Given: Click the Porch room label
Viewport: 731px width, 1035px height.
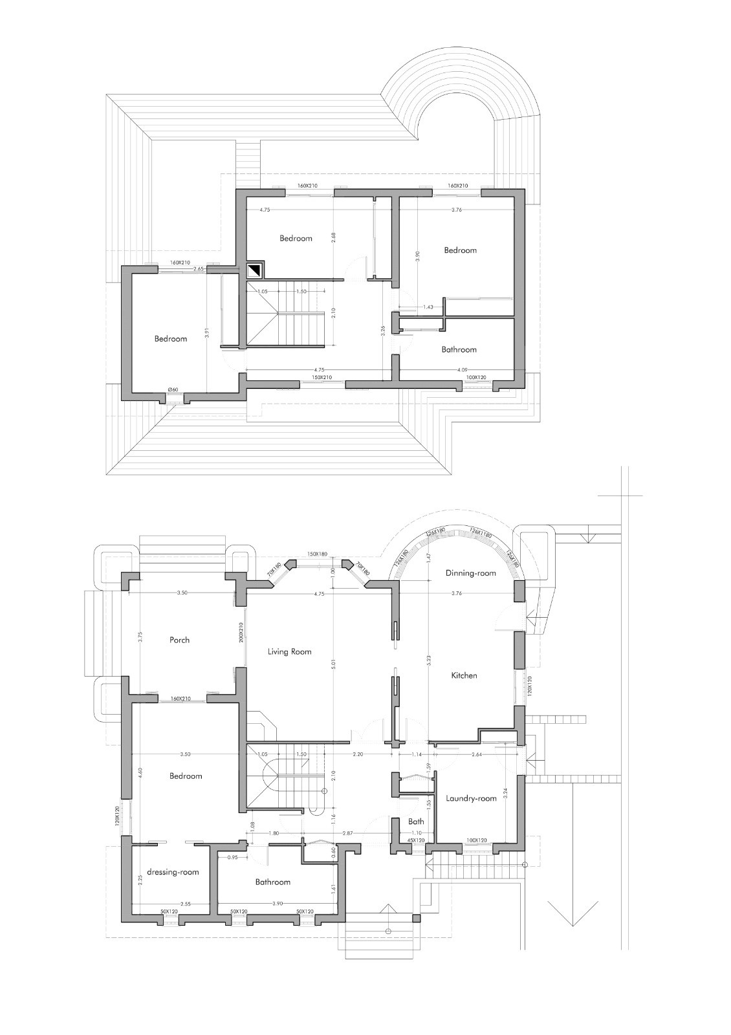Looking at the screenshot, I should pos(179,640).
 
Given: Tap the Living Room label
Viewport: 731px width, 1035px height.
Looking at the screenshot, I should pos(289,651).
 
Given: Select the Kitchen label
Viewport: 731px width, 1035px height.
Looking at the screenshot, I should pos(464,675).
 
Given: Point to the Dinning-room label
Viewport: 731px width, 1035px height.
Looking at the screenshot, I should pos(470,573).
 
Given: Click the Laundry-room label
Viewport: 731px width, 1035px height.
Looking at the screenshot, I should pos(471,798).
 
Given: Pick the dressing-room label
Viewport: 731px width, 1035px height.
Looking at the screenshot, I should pos(173,872).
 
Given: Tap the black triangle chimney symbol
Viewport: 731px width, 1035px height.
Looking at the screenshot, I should pos(256,268).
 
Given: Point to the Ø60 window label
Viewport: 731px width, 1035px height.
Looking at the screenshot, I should pos(173,389).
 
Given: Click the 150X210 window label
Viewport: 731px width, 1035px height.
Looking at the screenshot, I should pos(322,377).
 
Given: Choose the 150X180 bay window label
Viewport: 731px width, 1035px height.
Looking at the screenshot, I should pos(318,554).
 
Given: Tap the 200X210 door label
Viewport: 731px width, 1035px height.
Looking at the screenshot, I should pos(241,633).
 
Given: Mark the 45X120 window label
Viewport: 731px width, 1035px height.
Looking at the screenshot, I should pos(415,840).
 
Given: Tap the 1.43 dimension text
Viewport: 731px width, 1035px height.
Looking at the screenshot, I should pos(428,307).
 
